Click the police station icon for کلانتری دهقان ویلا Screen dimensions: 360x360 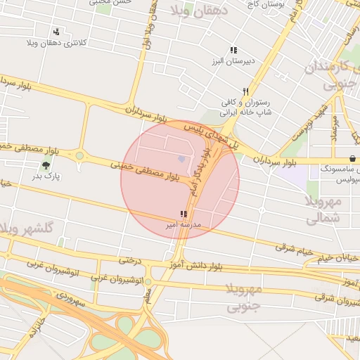(56, 32)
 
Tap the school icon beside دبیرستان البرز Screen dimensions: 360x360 (233, 50)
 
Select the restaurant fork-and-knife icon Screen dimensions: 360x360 (245, 92)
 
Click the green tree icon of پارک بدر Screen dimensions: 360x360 (46, 166)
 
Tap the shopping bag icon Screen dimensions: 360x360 (352, 158)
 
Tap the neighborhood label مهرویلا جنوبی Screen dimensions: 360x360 (245, 298)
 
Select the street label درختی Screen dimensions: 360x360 (130, 261)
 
